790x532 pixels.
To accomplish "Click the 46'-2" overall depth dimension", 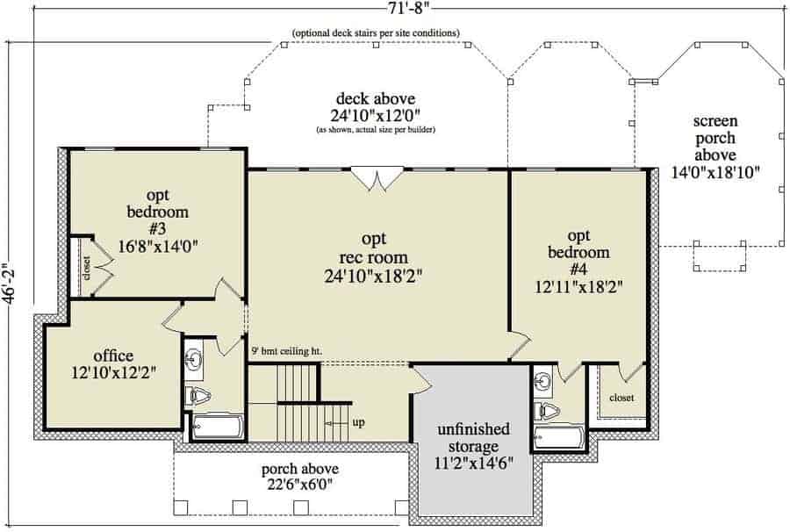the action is click(8, 284).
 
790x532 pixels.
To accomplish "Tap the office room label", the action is click(113, 363).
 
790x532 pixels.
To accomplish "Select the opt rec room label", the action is click(373, 257).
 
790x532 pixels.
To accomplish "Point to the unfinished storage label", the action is click(474, 446).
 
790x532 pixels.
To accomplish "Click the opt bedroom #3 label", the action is click(158, 220).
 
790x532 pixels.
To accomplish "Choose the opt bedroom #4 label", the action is click(579, 261).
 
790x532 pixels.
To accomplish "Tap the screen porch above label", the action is click(715, 147).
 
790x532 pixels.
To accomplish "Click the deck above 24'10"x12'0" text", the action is click(376, 107).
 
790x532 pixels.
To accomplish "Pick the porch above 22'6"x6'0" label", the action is click(300, 477).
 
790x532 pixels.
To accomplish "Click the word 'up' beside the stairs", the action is click(359, 422).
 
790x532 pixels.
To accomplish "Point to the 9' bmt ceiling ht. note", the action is click(287, 351).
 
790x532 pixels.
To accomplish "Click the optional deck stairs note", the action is click(376, 33).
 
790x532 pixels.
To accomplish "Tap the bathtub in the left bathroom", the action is click(219, 428).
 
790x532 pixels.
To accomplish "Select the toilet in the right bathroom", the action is click(546, 412).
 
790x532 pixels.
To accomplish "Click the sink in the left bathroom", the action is click(193, 360).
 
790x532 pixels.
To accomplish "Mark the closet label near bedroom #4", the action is click(621, 398).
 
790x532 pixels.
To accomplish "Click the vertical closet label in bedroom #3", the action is click(87, 268).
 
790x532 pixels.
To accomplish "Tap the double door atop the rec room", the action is click(377, 179).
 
